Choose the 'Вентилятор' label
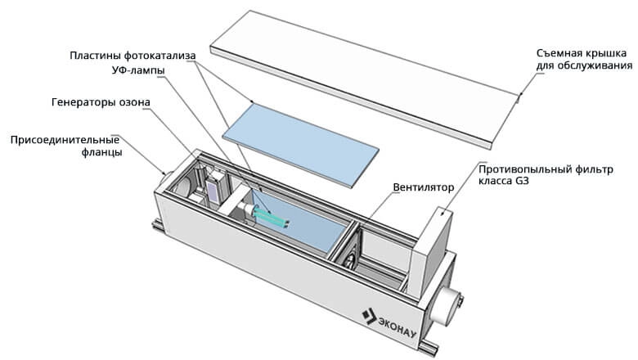(422, 187)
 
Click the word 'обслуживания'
(599, 65)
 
